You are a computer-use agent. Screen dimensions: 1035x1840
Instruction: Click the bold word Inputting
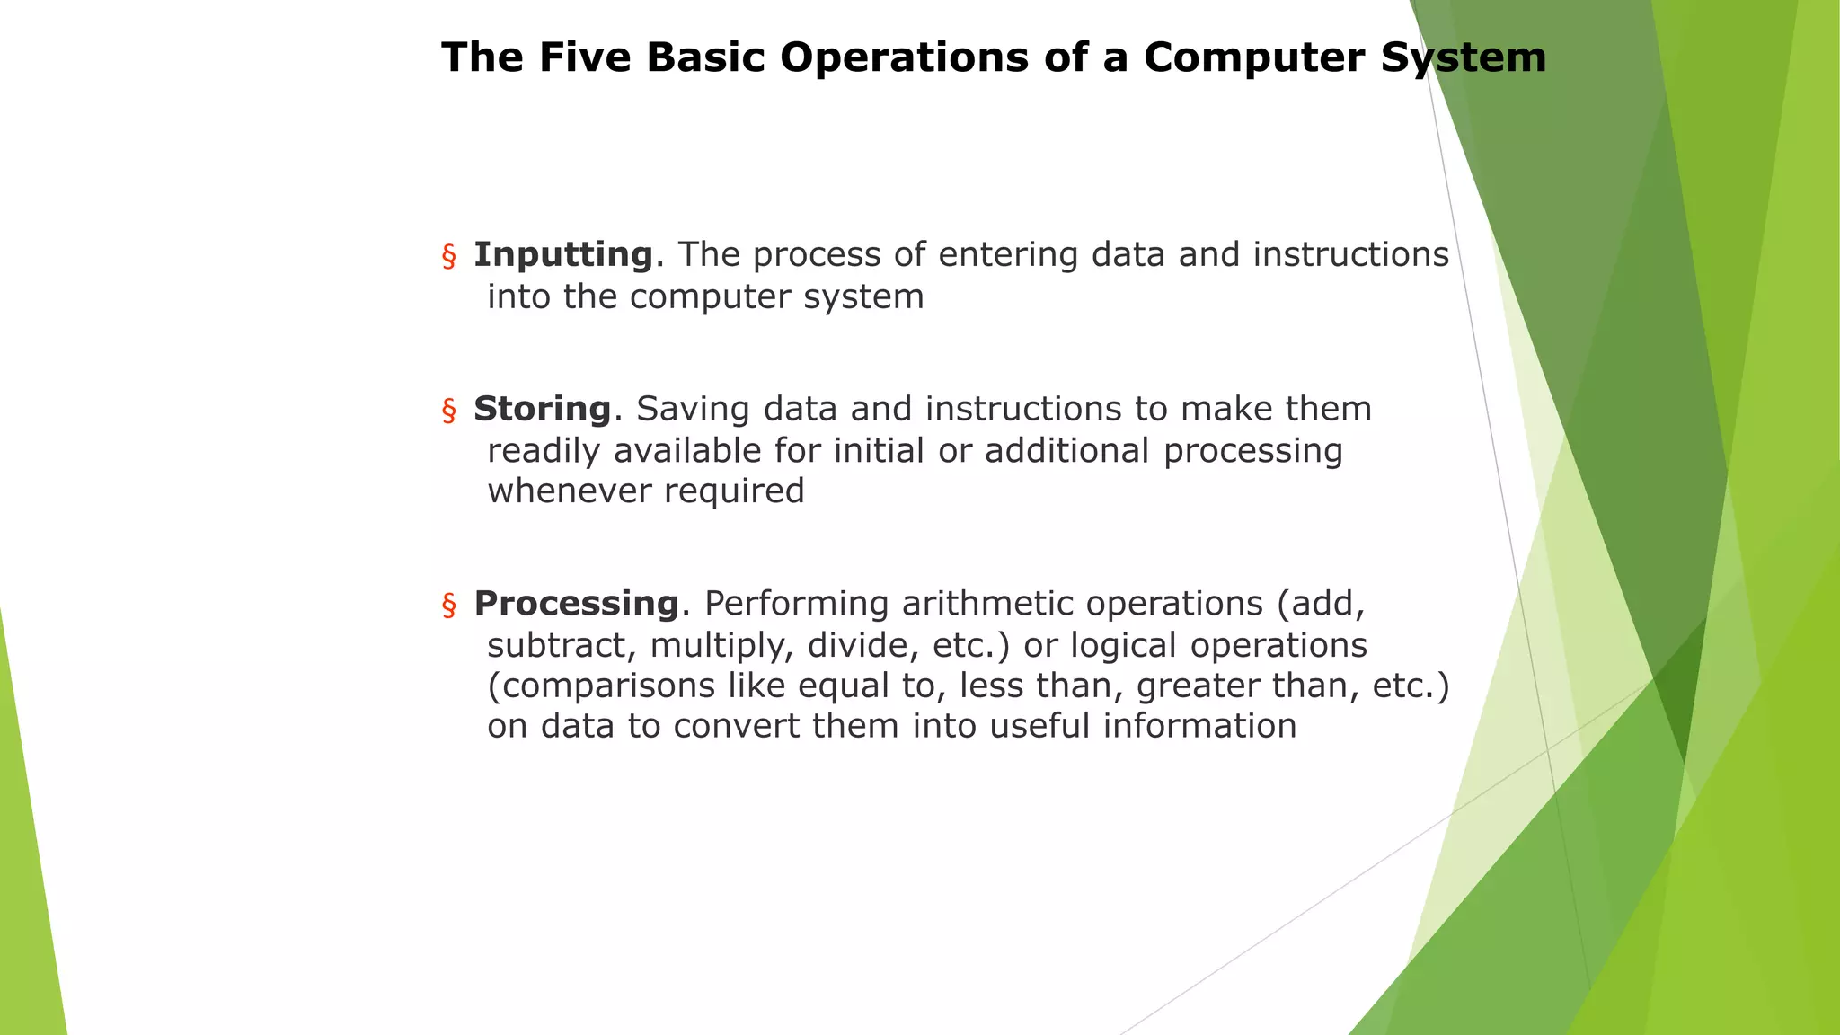click(563, 255)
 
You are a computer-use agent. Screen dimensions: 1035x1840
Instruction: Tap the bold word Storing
click(542, 409)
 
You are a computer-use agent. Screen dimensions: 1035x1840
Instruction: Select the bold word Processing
click(576, 604)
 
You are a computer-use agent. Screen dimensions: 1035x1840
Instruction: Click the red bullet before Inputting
click(449, 257)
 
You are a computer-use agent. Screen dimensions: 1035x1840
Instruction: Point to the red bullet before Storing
click(449, 411)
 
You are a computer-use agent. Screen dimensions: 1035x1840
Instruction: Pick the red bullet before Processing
click(449, 606)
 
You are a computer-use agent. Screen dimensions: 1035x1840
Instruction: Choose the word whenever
click(569, 491)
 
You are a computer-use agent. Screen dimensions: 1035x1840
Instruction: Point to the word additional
click(1066, 451)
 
